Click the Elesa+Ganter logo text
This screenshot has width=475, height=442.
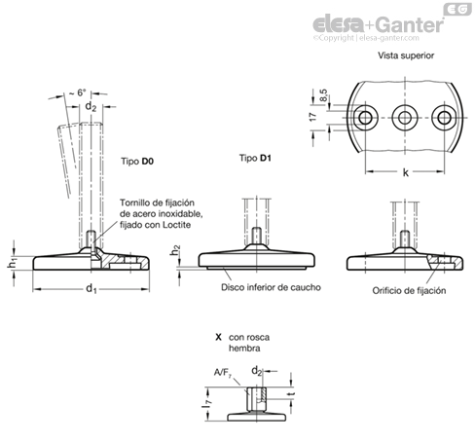(x=378, y=24)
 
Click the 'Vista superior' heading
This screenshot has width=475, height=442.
(x=406, y=55)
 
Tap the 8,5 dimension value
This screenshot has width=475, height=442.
(x=323, y=95)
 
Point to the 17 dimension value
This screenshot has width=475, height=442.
(x=312, y=117)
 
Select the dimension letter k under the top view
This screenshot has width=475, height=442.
(x=406, y=172)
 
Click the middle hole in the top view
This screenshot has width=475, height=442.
(x=405, y=118)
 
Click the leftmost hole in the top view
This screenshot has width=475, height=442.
(x=366, y=118)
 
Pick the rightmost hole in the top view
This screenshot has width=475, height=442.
(x=444, y=118)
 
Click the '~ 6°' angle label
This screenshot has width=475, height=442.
(x=78, y=92)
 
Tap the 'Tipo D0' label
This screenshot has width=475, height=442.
(x=137, y=162)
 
